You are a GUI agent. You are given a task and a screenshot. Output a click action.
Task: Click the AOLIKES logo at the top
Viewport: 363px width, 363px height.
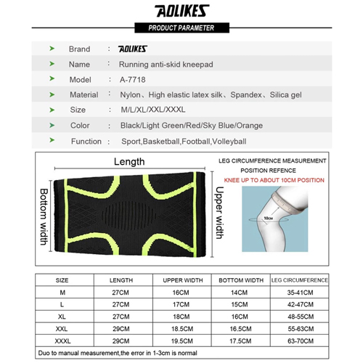click(181, 12)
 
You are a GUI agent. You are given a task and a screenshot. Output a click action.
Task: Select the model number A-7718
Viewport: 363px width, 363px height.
click(132, 80)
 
